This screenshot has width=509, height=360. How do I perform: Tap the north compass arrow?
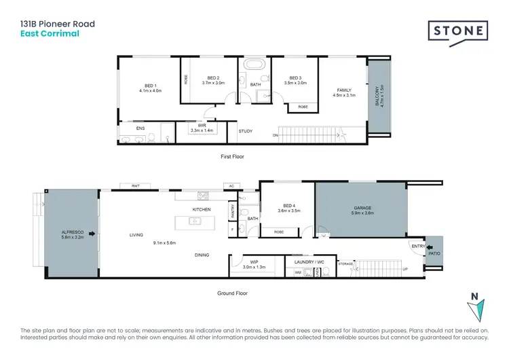(478, 309)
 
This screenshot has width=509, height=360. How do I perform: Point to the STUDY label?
(245, 131)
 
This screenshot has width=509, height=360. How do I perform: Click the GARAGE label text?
(361, 209)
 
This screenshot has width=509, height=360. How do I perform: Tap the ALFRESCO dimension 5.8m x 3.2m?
(71, 237)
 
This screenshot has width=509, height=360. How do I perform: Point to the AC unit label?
(231, 185)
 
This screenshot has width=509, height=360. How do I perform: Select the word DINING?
(202, 255)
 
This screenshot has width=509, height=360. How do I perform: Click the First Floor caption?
(232, 156)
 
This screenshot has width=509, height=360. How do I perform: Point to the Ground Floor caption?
(233, 293)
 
